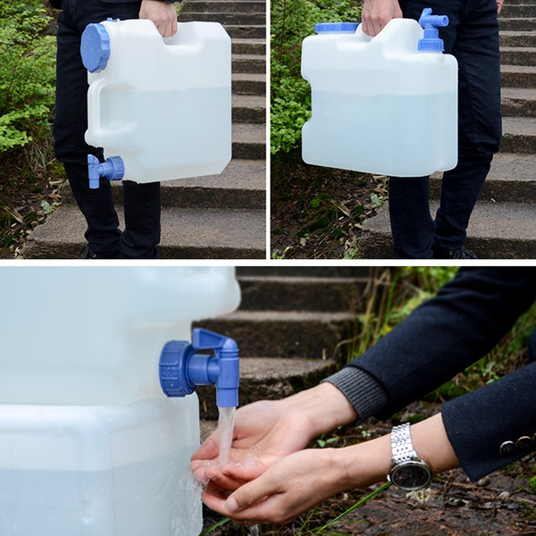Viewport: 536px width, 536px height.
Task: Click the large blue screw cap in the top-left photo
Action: pyautogui.click(x=95, y=46)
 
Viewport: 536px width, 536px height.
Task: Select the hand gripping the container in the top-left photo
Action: pyautogui.click(x=160, y=15)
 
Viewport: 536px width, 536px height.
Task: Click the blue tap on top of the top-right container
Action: pyautogui.click(x=431, y=30)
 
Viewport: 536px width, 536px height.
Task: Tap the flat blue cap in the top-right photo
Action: pyautogui.click(x=336, y=28)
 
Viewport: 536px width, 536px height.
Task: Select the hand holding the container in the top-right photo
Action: pyautogui.click(x=381, y=14)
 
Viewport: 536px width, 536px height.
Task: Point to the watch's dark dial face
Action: pyautogui.click(x=411, y=474)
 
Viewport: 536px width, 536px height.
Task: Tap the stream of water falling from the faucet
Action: pyautogui.click(x=226, y=433)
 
